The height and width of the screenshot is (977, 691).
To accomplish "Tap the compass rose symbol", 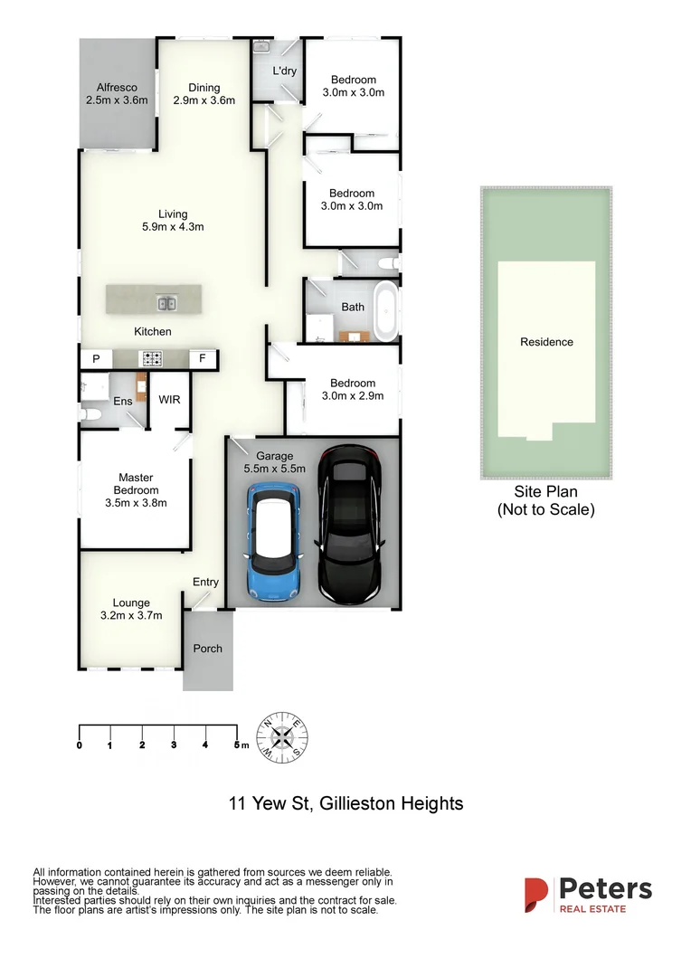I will click(283, 734).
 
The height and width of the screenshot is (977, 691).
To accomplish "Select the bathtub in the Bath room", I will click(387, 311).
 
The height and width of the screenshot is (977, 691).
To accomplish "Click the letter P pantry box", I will click(95, 359).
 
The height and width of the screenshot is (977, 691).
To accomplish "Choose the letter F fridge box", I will click(203, 359).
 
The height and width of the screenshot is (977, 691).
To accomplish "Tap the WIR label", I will click(169, 400).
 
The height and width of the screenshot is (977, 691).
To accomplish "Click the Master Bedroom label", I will click(136, 484).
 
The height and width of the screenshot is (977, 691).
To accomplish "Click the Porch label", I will click(207, 649).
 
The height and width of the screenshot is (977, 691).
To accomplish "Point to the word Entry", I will click(205, 583).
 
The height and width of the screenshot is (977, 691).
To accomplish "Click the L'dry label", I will click(285, 71).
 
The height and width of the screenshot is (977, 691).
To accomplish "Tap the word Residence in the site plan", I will click(546, 342).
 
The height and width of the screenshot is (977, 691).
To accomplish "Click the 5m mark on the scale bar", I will click(237, 745).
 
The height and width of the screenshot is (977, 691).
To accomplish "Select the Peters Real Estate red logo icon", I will click(536, 895).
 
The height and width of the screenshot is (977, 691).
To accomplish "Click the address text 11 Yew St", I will click(269, 803).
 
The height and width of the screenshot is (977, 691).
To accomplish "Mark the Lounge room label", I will click(131, 603).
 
